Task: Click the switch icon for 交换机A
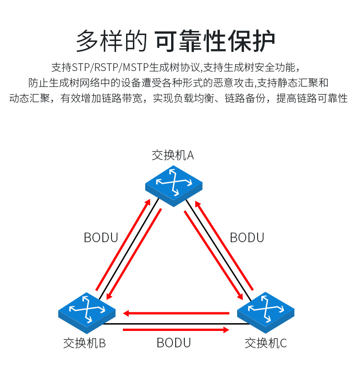point(173,184)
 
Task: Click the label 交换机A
point(173,155)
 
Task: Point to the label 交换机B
point(85,343)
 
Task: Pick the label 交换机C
point(266,343)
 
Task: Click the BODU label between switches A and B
point(101,238)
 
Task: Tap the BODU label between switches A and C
point(247,238)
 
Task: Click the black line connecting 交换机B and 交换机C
point(173,324)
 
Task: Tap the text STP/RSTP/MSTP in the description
point(112,68)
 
